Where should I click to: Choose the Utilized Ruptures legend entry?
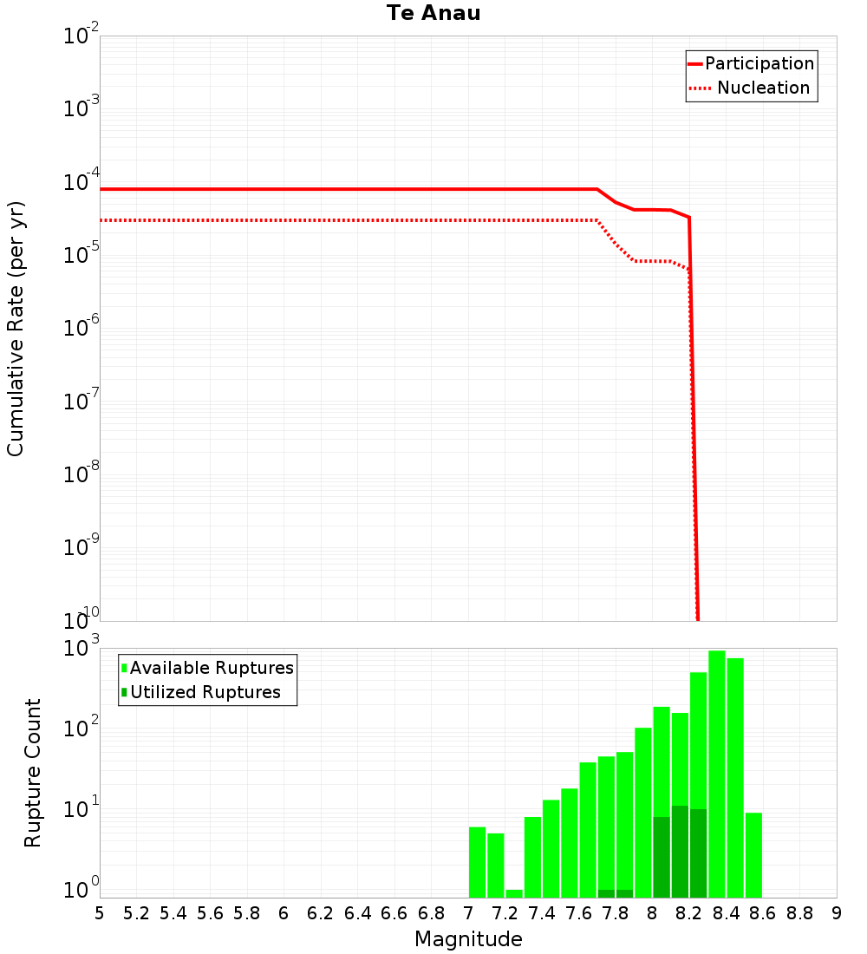pos(205,692)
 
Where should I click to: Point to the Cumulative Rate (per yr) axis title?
pos(16,329)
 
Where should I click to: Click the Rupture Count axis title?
pos(33,773)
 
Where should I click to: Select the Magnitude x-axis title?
pos(468,939)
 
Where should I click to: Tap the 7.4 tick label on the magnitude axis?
pos(542,913)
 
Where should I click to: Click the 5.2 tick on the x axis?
pos(136,913)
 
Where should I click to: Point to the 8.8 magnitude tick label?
pos(799,913)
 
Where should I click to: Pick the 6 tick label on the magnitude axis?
pos(284,913)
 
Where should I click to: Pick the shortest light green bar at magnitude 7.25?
pos(514,893)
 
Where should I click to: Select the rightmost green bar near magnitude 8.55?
pos(753,854)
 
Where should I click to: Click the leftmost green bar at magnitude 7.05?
pos(477,862)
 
